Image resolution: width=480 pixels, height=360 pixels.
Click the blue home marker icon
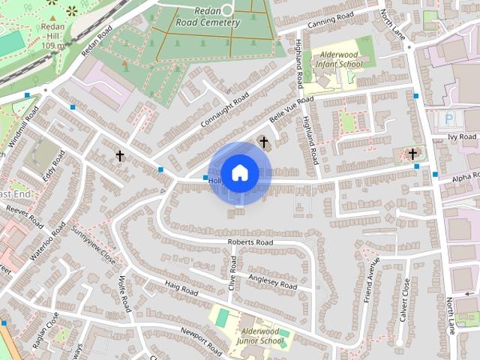[x=239, y=172]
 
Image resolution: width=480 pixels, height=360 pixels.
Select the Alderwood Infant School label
[x=340, y=60]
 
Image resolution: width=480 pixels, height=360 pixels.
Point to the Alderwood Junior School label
[x=262, y=336]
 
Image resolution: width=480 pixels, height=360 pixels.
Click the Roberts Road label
[x=250, y=242]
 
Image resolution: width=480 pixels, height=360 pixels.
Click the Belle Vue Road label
[x=290, y=110]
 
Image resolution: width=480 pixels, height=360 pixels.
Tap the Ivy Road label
[x=462, y=137]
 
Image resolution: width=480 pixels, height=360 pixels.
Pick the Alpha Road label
[x=464, y=176]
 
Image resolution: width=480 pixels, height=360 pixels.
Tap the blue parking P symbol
[x=449, y=118]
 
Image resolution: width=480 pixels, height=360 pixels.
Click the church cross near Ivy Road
[x=412, y=154]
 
